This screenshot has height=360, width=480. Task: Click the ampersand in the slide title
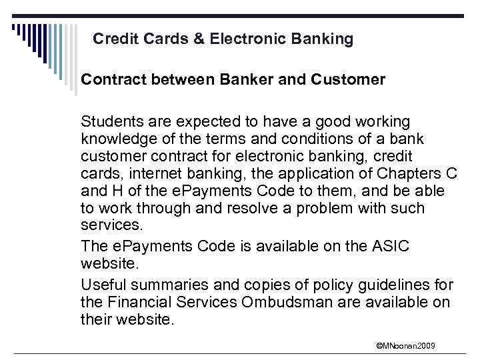pos(199,39)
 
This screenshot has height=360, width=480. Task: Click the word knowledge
pos(117,139)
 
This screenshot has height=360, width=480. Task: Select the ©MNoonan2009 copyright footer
pos(405,345)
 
